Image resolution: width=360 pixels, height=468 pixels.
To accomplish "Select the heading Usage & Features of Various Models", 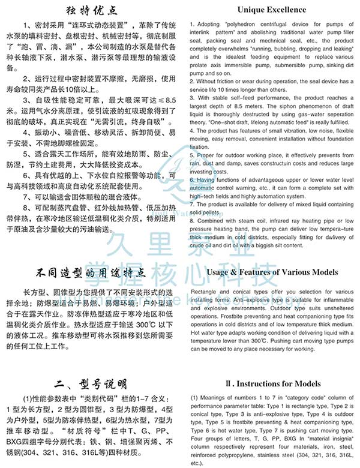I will tap(272, 272).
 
